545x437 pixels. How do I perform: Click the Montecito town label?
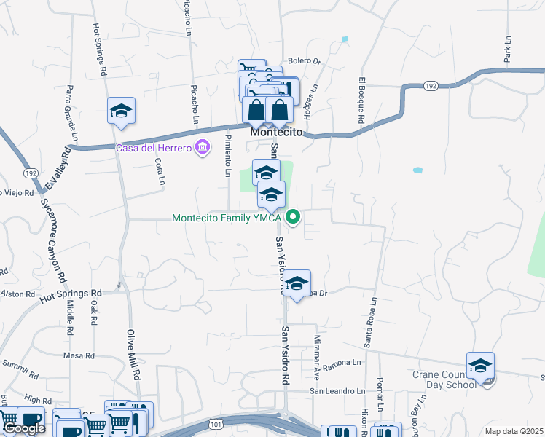click(x=276, y=134)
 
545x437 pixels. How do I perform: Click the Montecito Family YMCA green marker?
click(x=294, y=216)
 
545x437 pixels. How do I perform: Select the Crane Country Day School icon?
click(x=480, y=366)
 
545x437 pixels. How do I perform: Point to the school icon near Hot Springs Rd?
click(x=121, y=111)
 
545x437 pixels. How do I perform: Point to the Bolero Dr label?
click(x=304, y=61)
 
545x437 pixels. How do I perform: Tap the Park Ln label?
click(x=508, y=51)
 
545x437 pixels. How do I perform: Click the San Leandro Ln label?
click(x=336, y=390)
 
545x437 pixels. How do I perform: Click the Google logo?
click(x=24, y=428)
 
